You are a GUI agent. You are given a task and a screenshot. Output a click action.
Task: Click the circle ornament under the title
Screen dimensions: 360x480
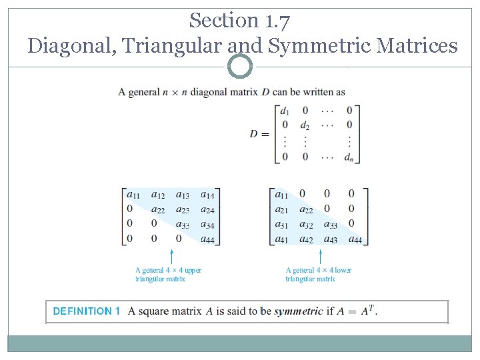[240, 67]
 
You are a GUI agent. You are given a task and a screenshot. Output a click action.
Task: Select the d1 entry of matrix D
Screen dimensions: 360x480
[285, 111]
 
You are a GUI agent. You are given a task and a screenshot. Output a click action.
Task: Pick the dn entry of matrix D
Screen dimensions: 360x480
[349, 157]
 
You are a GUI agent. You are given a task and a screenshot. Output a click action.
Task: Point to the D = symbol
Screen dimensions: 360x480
[259, 133]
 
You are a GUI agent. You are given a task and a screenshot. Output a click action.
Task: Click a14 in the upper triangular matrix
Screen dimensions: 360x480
[207, 195]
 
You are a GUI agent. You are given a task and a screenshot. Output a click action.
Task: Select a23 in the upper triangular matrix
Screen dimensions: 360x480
[182, 210]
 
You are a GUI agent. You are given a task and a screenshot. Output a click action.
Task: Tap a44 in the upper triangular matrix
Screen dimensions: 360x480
[207, 239]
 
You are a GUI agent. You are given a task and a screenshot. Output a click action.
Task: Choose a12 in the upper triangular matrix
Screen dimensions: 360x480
[158, 195]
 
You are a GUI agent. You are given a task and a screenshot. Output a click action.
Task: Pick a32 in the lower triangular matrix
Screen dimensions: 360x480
[306, 225]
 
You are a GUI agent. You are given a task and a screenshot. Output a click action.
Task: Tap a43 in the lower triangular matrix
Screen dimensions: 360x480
[331, 239]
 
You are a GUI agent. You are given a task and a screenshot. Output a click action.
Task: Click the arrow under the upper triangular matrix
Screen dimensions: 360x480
[172, 256]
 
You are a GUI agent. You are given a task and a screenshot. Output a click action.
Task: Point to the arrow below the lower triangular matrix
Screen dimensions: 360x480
[321, 256]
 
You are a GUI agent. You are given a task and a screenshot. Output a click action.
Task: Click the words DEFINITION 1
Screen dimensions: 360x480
[87, 311]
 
